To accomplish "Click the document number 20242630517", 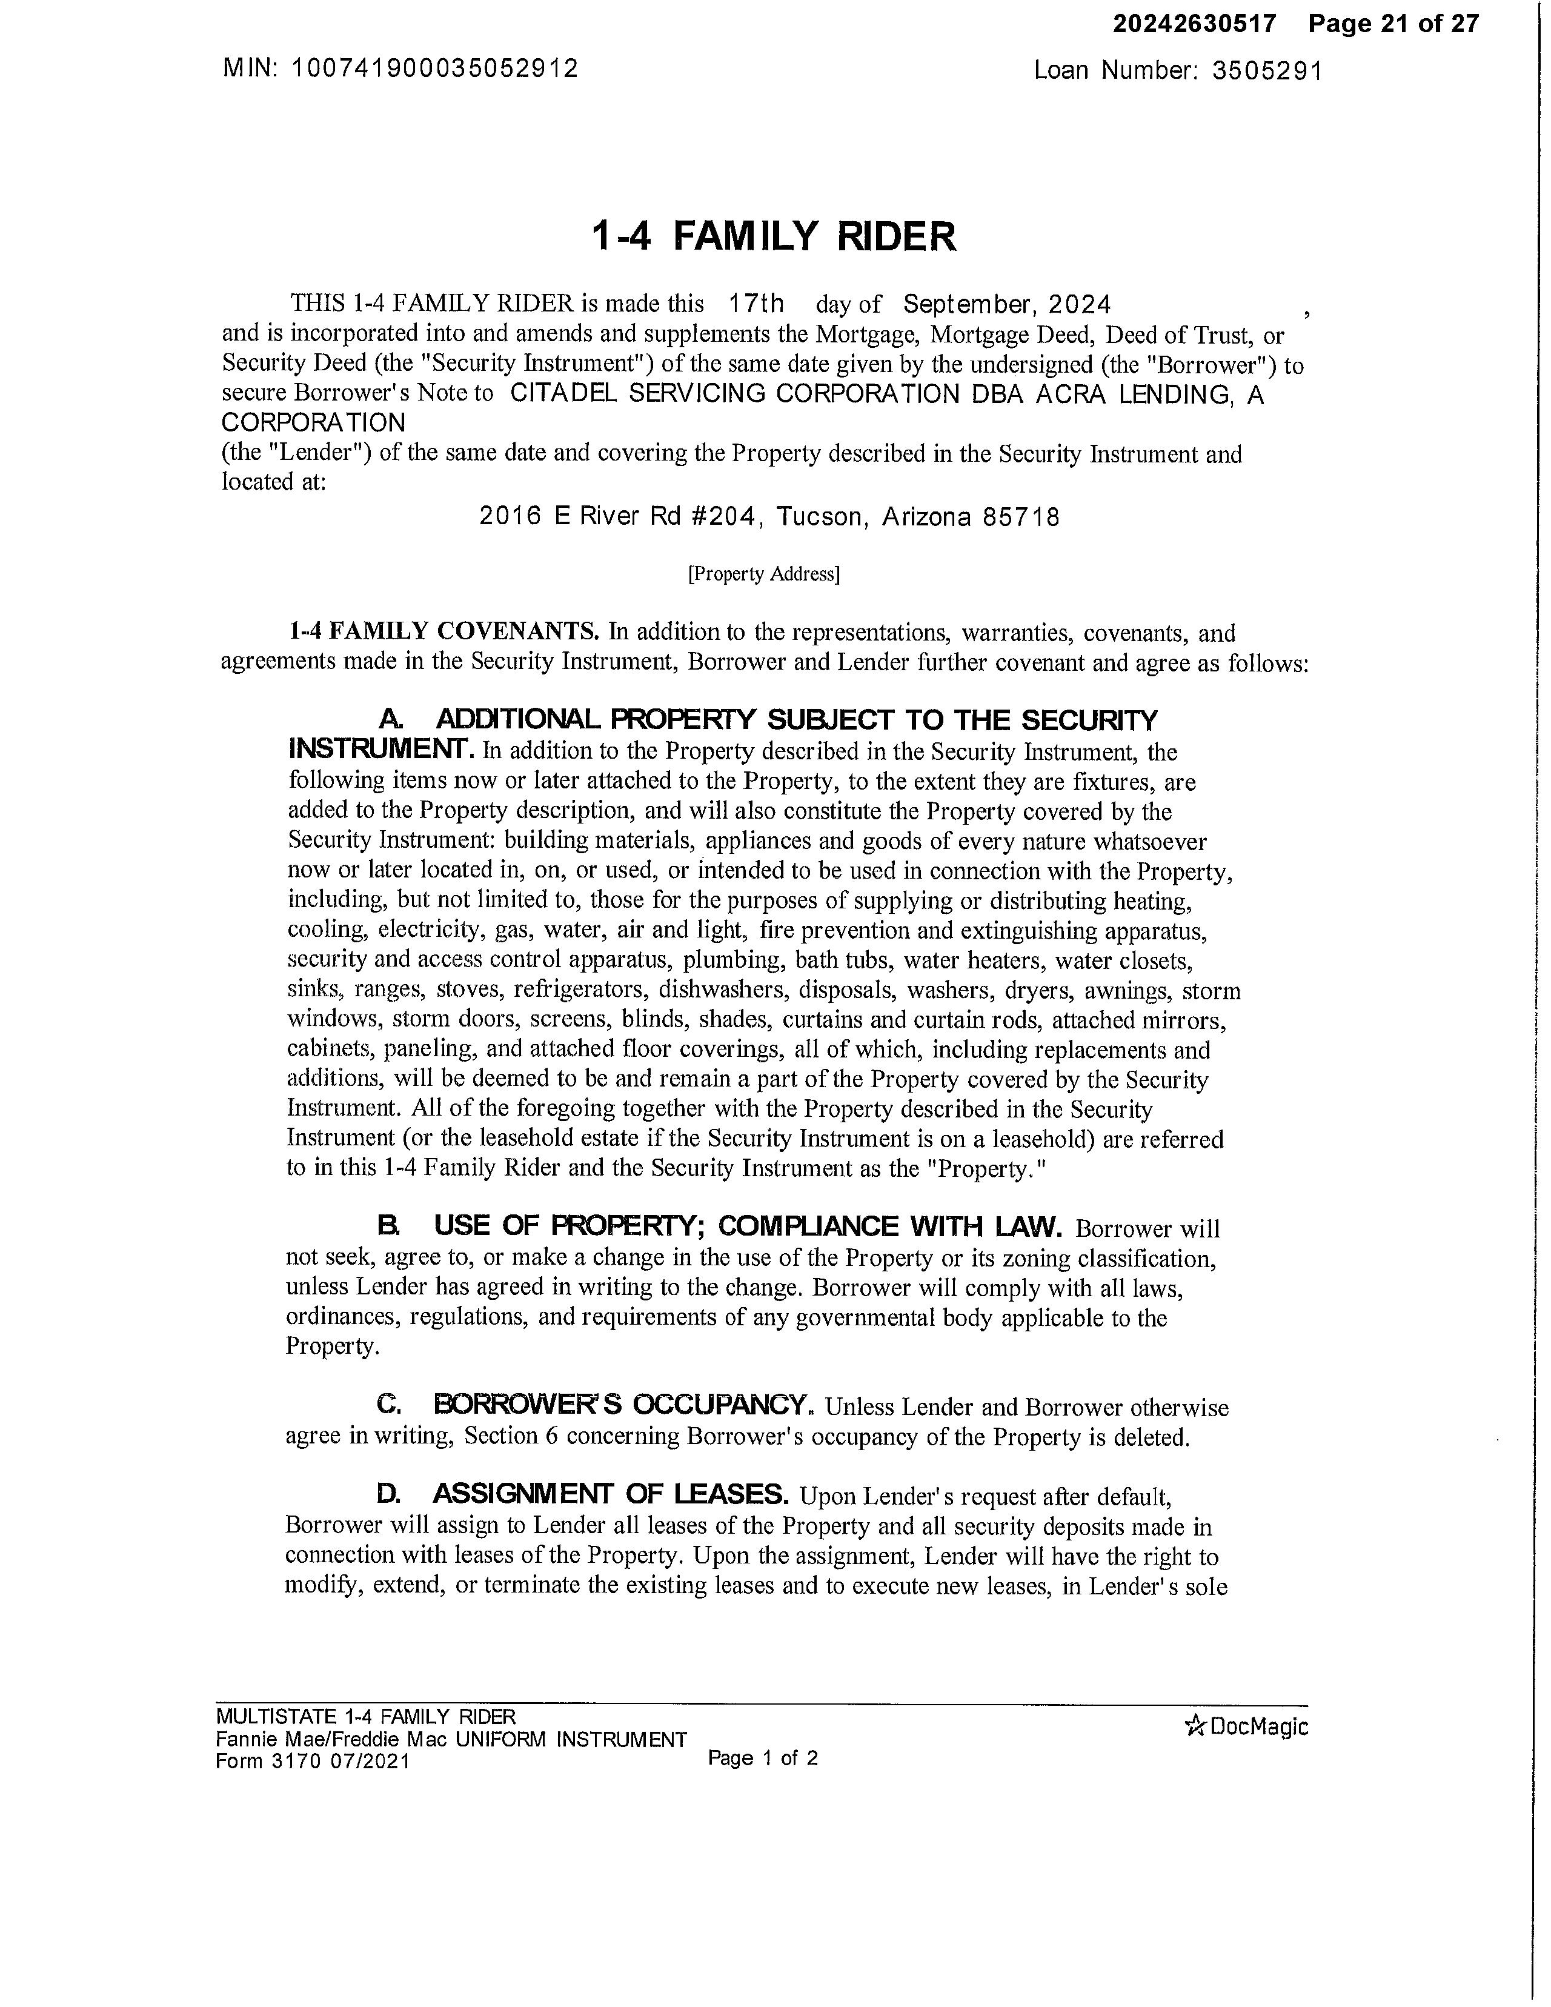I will [1195, 24].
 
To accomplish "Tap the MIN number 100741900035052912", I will [434, 69].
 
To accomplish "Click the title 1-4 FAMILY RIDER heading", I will [774, 236].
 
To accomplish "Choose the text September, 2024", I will [1007, 304].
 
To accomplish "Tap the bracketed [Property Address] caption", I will [763, 574].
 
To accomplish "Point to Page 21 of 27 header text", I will [1394, 24].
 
